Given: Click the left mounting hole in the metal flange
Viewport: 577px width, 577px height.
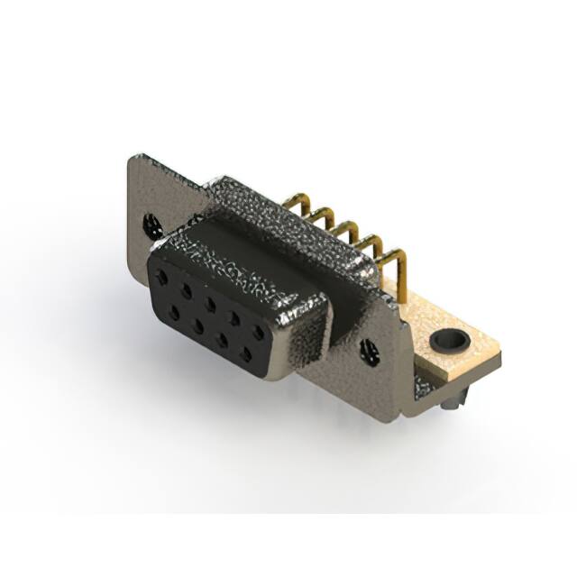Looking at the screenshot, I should pos(149,224).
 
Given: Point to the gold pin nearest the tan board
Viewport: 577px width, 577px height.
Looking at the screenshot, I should pos(396,261).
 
